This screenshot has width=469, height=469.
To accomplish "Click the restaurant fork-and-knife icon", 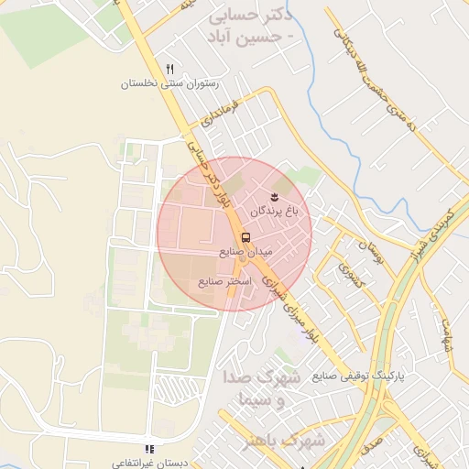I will click(169, 69).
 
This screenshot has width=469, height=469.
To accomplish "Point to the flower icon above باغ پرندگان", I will click(273, 198).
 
